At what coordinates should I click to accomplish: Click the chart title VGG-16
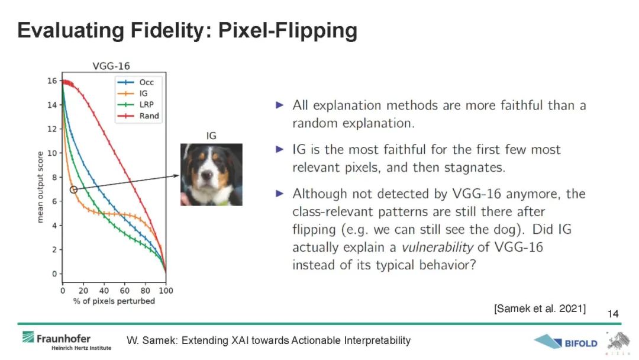click(x=111, y=66)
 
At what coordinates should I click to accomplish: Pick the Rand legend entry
click(x=138, y=116)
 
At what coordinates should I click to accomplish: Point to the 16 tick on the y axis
click(x=52, y=81)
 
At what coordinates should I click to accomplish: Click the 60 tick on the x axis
click(x=124, y=291)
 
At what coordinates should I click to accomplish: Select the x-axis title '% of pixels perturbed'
click(x=114, y=301)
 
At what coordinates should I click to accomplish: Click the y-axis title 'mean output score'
click(x=40, y=187)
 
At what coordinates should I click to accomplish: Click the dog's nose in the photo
click(x=207, y=175)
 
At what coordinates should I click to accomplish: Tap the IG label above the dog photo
click(x=211, y=136)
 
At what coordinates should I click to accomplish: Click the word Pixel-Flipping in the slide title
click(x=288, y=31)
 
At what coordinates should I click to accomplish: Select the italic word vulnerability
click(x=437, y=247)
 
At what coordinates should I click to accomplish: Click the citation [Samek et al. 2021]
click(x=540, y=308)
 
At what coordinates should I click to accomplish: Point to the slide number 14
click(x=612, y=314)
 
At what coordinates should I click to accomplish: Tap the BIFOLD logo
click(x=565, y=342)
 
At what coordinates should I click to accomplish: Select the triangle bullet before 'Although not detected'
click(x=279, y=193)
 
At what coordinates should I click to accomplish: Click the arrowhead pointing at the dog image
click(x=176, y=176)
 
